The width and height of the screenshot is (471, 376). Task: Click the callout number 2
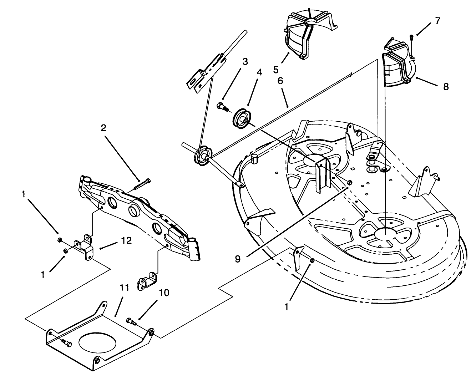[x=103, y=128]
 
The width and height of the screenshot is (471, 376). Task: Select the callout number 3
[x=245, y=61]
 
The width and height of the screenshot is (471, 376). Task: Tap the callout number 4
[x=259, y=72]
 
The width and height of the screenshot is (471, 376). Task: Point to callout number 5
[x=276, y=69]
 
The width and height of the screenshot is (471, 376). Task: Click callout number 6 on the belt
[x=280, y=81]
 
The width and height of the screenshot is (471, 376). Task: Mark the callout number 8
[x=446, y=87]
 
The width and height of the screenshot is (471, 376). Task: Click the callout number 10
[x=164, y=293]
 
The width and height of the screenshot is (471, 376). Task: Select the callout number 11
[x=124, y=288]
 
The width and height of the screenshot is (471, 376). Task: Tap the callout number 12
[x=126, y=241]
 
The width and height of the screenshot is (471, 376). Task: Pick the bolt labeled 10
[x=131, y=321]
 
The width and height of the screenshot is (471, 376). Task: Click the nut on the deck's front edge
[x=312, y=260]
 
